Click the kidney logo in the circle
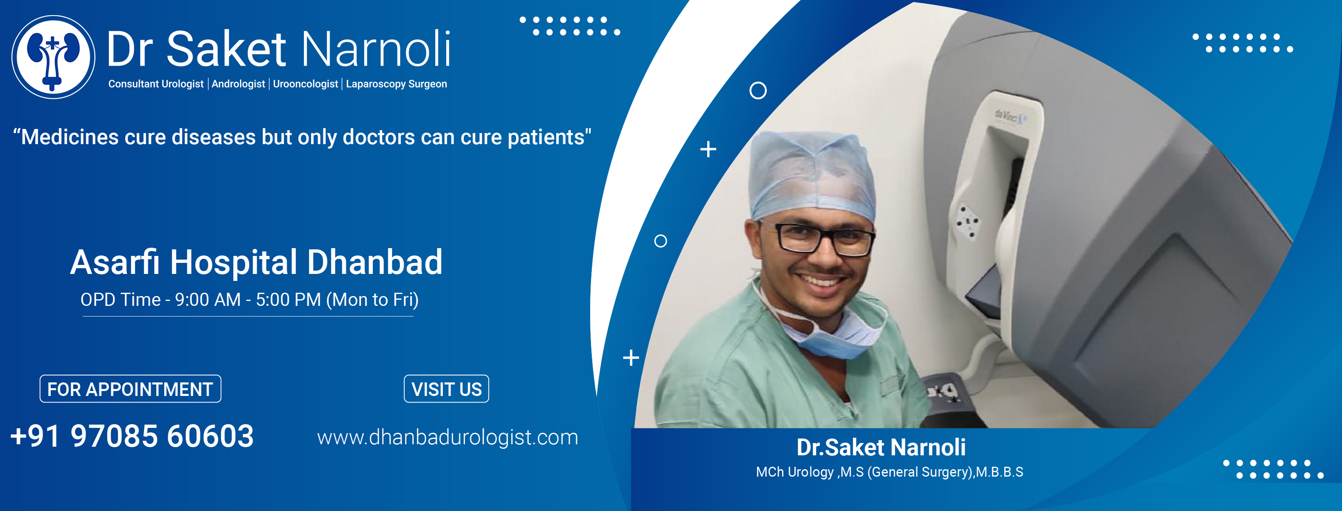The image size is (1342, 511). point(53,57)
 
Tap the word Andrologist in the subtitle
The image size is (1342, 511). point(238,84)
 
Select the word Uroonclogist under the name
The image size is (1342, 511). point(305,84)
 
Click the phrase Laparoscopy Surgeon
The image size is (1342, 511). point(396,84)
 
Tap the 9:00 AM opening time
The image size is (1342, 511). point(208,300)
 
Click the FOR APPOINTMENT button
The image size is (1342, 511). point(130,389)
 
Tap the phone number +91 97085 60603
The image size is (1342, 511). point(132,436)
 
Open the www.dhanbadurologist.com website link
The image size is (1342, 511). point(447,437)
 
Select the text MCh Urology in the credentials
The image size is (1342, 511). point(795,472)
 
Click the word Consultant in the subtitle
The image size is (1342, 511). point(133,84)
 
